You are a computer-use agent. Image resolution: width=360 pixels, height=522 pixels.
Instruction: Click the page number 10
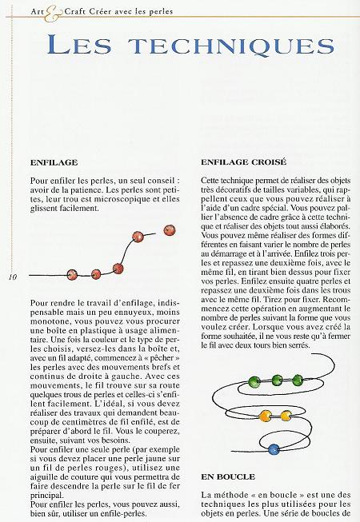pos(13,277)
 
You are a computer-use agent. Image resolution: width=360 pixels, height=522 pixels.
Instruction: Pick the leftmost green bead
pos(254,381)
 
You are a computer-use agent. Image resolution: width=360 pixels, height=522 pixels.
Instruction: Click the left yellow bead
pos(265,415)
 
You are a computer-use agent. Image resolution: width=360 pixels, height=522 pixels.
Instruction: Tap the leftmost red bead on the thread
pos(71,274)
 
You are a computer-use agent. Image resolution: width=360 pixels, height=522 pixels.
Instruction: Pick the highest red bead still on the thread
pos(137,237)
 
